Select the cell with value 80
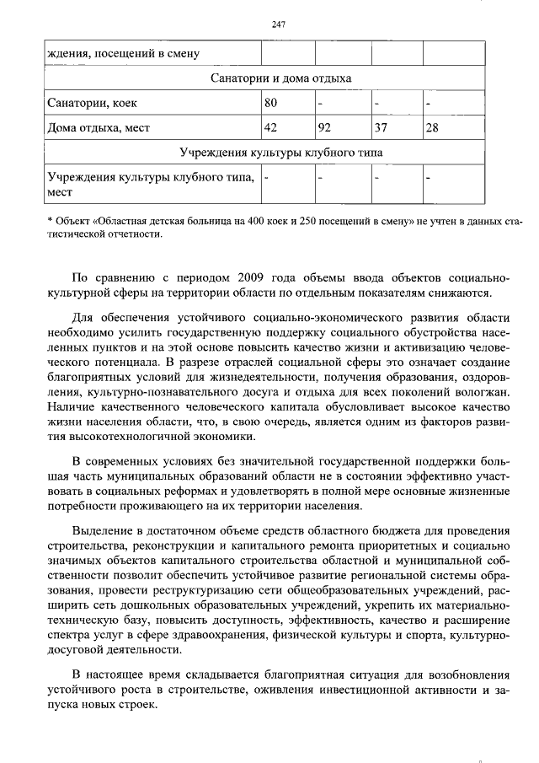(270, 103)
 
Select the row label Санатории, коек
(92, 103)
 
